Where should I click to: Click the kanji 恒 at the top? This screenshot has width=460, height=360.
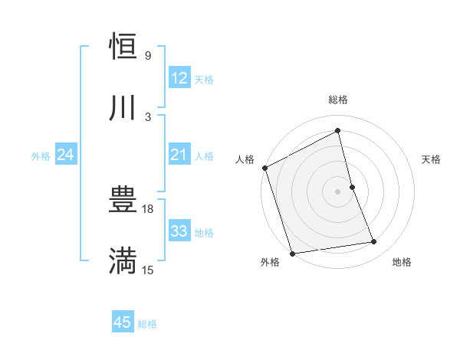[123, 47]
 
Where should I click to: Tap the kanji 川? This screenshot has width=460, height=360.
[123, 107]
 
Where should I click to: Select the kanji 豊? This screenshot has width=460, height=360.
[123, 201]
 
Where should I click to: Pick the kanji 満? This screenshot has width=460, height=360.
[123, 261]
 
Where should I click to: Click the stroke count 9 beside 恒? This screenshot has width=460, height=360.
[148, 56]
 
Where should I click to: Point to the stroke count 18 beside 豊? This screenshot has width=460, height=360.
[149, 209]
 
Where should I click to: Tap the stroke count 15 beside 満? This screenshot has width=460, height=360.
[149, 270]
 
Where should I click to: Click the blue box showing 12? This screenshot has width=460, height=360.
[179, 78]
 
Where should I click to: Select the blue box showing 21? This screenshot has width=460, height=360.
[179, 155]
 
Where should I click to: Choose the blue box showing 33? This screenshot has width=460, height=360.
[179, 231]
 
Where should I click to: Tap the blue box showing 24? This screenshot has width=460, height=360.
[65, 155]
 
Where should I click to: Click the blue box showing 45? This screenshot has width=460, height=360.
[123, 322]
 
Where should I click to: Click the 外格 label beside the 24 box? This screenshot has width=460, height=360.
[41, 156]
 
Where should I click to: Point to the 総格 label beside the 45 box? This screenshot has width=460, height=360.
[147, 324]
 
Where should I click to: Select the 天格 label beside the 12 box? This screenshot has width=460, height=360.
[204, 80]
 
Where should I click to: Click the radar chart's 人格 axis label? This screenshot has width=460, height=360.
[245, 159]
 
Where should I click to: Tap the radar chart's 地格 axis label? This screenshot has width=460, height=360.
[402, 262]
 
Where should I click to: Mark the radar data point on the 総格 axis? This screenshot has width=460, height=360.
[338, 131]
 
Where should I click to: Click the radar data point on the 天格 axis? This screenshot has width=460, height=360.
[352, 186]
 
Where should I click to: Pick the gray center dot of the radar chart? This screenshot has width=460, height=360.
[338, 191]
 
